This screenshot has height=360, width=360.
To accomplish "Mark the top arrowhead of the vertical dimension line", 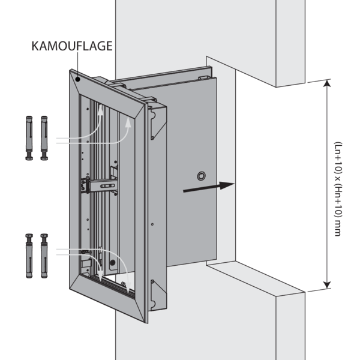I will pos(326,84).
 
